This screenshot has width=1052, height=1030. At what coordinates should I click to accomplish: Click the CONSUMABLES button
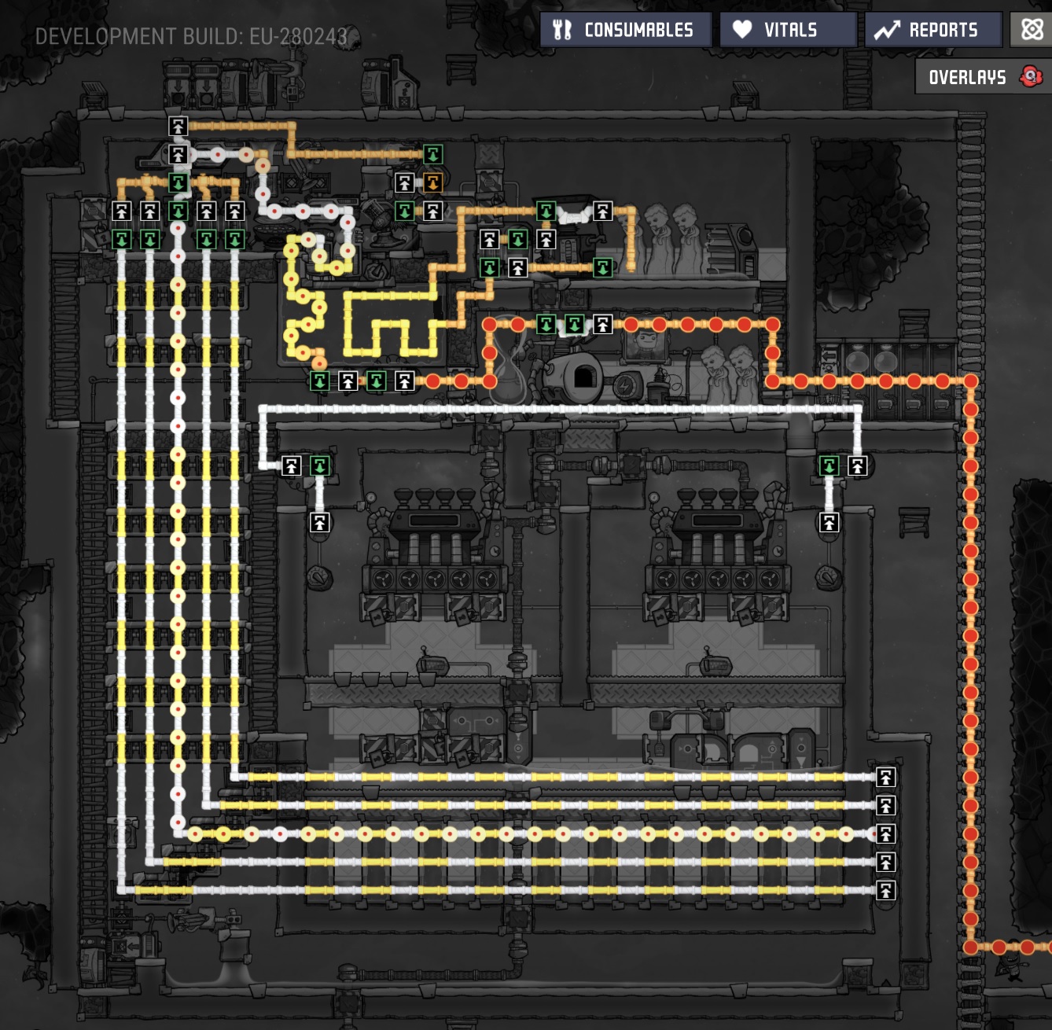pyautogui.click(x=626, y=30)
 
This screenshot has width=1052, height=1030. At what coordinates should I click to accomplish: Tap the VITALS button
pyautogui.click(x=788, y=30)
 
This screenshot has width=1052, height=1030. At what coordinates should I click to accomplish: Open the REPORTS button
pyautogui.click(x=933, y=30)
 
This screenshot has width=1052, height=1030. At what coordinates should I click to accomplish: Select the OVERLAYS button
pyautogui.click(x=983, y=77)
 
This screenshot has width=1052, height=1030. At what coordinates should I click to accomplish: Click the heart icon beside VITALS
pyautogui.click(x=742, y=29)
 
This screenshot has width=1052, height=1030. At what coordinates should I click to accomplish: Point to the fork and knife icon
pyautogui.click(x=561, y=30)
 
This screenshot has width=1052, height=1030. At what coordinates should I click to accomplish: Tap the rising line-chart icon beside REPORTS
pyautogui.click(x=887, y=30)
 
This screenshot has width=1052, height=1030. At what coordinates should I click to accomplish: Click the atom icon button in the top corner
pyautogui.click(x=1032, y=29)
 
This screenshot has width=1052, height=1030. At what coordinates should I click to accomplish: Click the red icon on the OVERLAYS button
pyautogui.click(x=1031, y=76)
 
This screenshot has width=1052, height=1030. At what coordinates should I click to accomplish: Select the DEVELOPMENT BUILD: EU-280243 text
pyautogui.click(x=191, y=37)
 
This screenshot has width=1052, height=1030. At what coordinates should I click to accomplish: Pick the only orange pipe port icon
pyautogui.click(x=433, y=182)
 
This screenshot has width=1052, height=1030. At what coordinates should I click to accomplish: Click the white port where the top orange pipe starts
pyautogui.click(x=178, y=126)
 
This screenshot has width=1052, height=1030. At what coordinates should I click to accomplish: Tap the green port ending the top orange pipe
pyautogui.click(x=433, y=155)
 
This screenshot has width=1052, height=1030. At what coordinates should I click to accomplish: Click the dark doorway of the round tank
pyautogui.click(x=584, y=377)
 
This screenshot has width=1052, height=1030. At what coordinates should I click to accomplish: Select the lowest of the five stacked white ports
pyautogui.click(x=885, y=891)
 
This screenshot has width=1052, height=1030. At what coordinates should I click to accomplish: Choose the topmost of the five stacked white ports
pyautogui.click(x=885, y=777)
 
